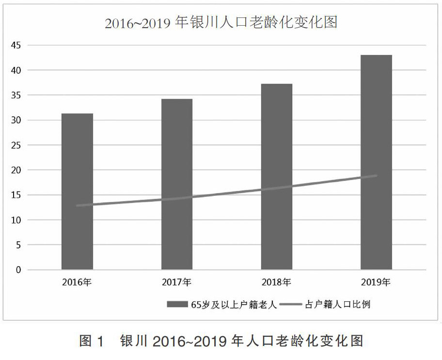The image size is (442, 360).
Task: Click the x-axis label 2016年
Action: pyautogui.click(x=77, y=282)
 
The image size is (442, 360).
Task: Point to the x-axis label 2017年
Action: pyautogui.click(x=177, y=282)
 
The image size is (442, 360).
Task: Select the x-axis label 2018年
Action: pyautogui.click(x=276, y=282)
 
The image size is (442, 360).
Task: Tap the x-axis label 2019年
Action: pyautogui.click(x=376, y=282)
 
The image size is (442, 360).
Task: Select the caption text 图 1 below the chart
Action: pyautogui.click(x=92, y=341)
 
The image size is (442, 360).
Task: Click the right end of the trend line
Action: pyautogui.click(x=376, y=175)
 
